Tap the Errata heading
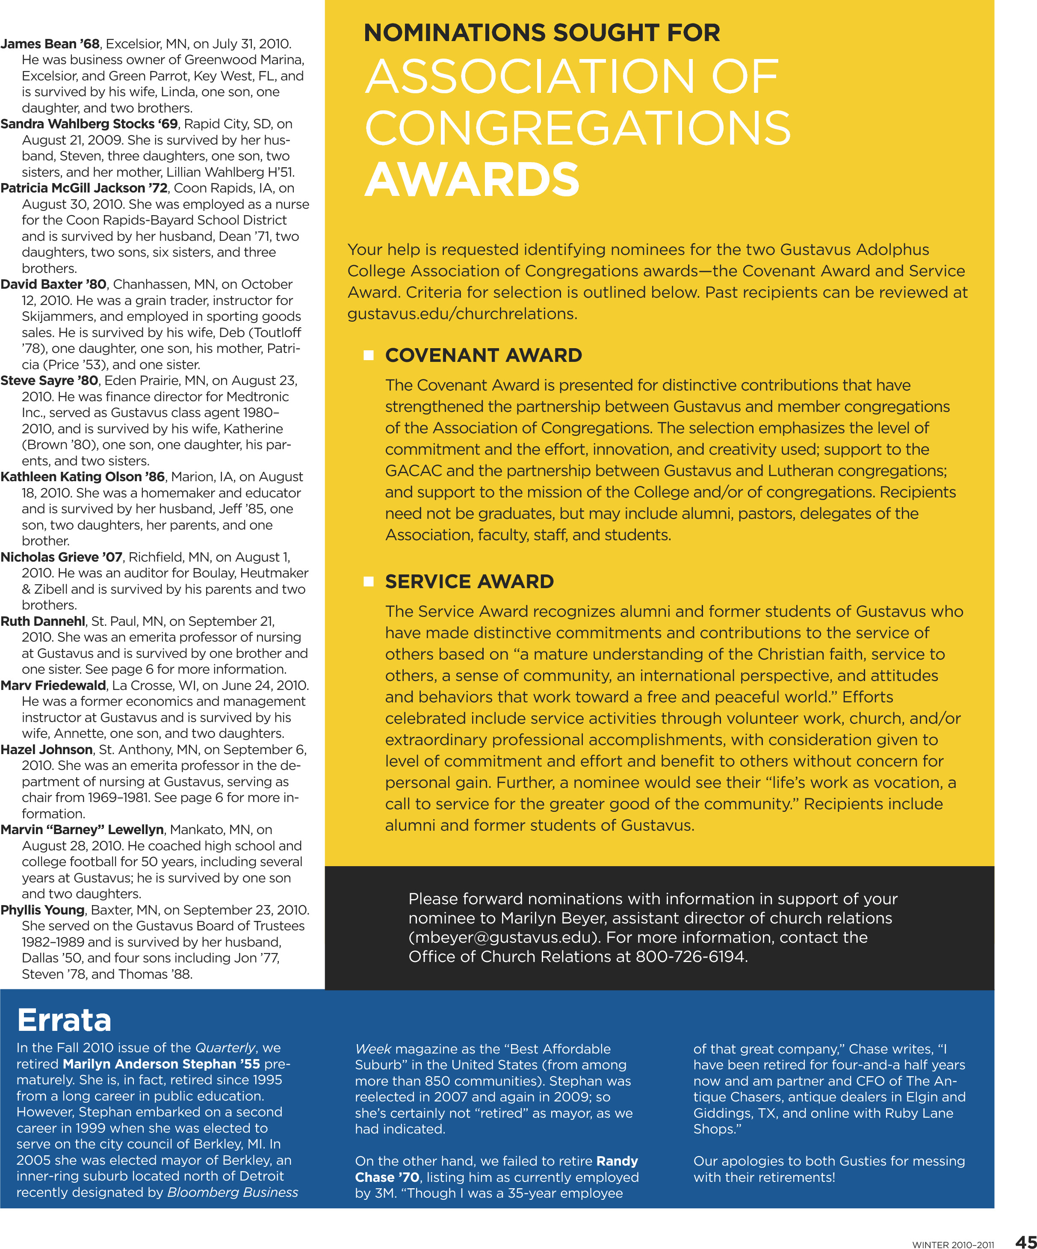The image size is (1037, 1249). pyautogui.click(x=64, y=1020)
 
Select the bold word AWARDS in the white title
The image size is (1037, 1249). pyautogui.click(x=472, y=180)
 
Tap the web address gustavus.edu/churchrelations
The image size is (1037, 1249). pyautogui.click(x=461, y=314)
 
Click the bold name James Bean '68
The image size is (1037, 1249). pyautogui.click(x=50, y=44)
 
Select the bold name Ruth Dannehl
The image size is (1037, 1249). pyautogui.click(x=43, y=621)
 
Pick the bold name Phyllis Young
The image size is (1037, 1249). pyautogui.click(x=43, y=910)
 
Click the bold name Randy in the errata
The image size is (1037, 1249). pyautogui.click(x=617, y=1161)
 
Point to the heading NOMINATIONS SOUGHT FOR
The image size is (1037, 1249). pyautogui.click(x=542, y=33)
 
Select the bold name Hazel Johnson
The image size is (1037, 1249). pyautogui.click(x=46, y=749)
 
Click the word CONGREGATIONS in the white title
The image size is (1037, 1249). pyautogui.click(x=577, y=128)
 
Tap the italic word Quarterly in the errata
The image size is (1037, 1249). pyautogui.click(x=225, y=1048)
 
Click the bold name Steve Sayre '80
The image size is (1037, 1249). pyautogui.click(x=49, y=381)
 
